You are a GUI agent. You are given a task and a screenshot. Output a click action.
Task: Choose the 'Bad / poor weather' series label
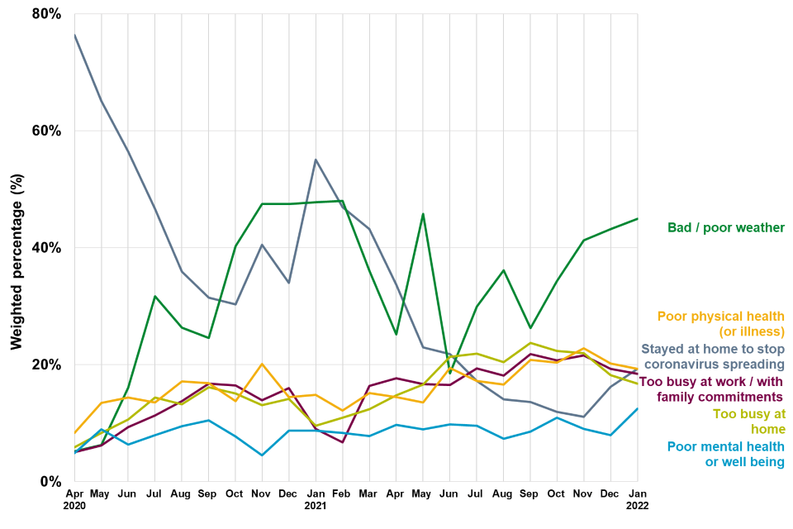click(725, 227)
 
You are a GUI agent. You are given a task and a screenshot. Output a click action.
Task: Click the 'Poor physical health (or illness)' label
click(720, 323)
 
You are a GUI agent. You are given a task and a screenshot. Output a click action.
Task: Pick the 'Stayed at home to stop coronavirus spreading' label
click(712, 355)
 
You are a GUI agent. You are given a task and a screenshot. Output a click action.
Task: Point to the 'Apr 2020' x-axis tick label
click(74, 499)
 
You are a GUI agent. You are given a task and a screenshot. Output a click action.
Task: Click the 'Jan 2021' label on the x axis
click(316, 499)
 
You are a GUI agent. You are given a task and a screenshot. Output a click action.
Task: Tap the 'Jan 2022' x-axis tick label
click(637, 499)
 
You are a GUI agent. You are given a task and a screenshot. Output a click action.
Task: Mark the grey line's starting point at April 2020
click(74, 35)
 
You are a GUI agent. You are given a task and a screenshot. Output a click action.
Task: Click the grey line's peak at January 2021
click(316, 160)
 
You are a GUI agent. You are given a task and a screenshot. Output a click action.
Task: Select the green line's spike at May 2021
click(423, 214)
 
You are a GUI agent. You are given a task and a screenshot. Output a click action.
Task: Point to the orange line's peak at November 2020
click(262, 364)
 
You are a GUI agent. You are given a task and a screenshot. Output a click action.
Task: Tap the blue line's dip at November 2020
click(262, 455)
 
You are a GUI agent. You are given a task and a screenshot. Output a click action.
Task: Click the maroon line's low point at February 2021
click(342, 442)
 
